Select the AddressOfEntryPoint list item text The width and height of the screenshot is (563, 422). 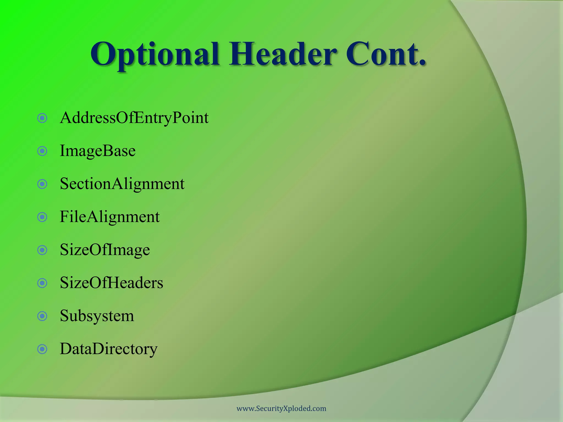(134, 118)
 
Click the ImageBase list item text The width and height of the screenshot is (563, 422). (98, 151)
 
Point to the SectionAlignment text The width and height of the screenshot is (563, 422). (122, 184)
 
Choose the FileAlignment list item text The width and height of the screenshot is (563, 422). (109, 217)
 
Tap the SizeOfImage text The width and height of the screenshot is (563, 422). (105, 250)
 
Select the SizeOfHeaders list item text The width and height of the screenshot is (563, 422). (111, 283)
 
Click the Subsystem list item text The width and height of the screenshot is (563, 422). (97, 316)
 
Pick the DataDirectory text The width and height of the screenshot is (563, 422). (109, 349)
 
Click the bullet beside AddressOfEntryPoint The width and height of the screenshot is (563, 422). (42, 118)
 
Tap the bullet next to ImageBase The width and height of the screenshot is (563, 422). (42, 151)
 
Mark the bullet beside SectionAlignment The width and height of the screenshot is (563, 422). (42, 184)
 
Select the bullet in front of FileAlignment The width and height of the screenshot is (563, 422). (42, 217)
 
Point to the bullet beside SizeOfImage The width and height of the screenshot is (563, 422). (42, 250)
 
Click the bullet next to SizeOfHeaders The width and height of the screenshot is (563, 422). (42, 283)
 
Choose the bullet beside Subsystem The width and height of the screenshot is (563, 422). (42, 316)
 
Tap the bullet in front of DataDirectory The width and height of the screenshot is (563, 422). (42, 349)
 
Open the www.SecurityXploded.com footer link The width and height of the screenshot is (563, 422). (281, 409)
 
